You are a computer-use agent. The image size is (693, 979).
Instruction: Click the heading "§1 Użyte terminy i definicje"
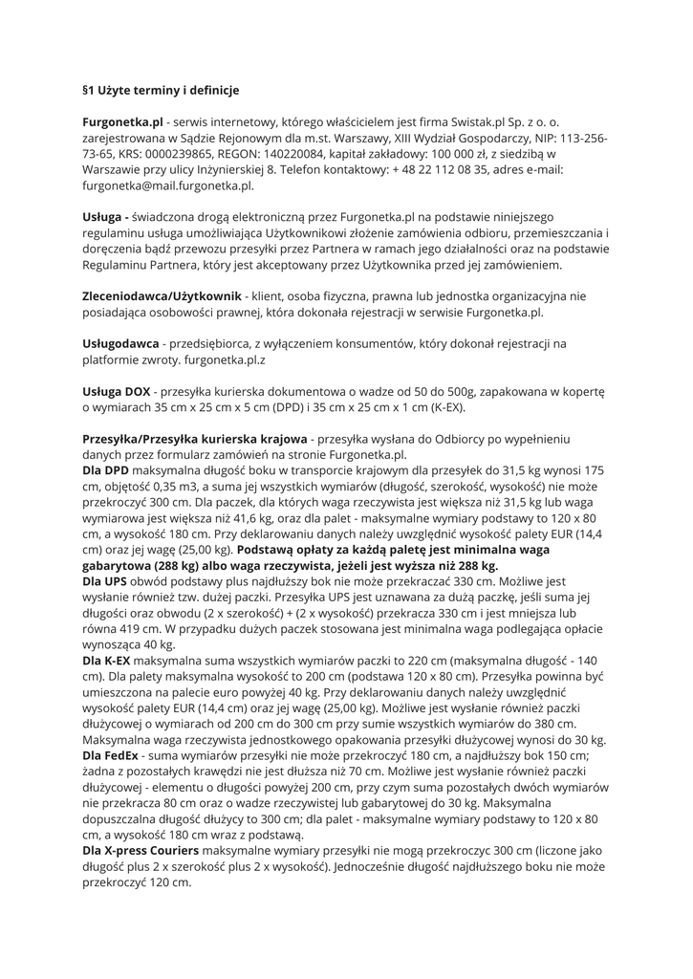[x=161, y=91]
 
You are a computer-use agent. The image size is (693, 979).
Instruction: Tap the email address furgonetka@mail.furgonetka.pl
[x=167, y=185]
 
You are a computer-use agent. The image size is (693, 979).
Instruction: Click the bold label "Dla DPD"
[x=105, y=471]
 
